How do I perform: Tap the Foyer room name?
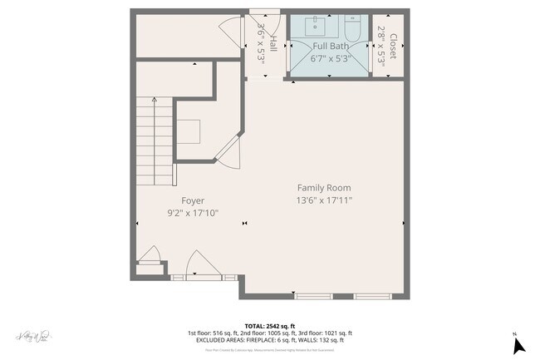click(x=193, y=200)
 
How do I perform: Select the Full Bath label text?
click(x=331, y=47)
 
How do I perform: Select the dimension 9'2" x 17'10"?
click(x=193, y=213)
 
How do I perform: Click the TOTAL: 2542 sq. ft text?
click(x=269, y=326)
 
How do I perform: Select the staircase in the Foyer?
click(x=155, y=141)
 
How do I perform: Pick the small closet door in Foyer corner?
click(x=150, y=255)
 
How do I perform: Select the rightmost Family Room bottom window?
click(x=372, y=295)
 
